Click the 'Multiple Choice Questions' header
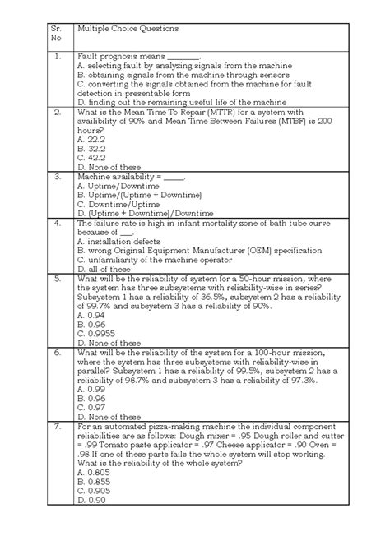tap(127, 29)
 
